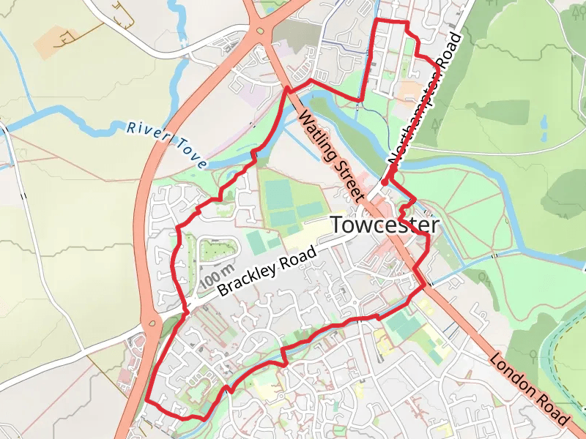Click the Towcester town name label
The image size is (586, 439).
click(x=385, y=225)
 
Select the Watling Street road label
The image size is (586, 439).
click(x=331, y=156)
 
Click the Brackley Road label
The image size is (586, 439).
click(x=267, y=271)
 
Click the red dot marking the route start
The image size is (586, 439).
click(x=385, y=182)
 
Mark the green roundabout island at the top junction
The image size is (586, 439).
click(x=260, y=31)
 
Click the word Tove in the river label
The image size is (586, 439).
click(x=188, y=153)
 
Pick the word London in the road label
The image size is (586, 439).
click(x=511, y=373)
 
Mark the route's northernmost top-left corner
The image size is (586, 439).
click(x=376, y=22)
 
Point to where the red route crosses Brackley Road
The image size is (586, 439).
click(x=185, y=311)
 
